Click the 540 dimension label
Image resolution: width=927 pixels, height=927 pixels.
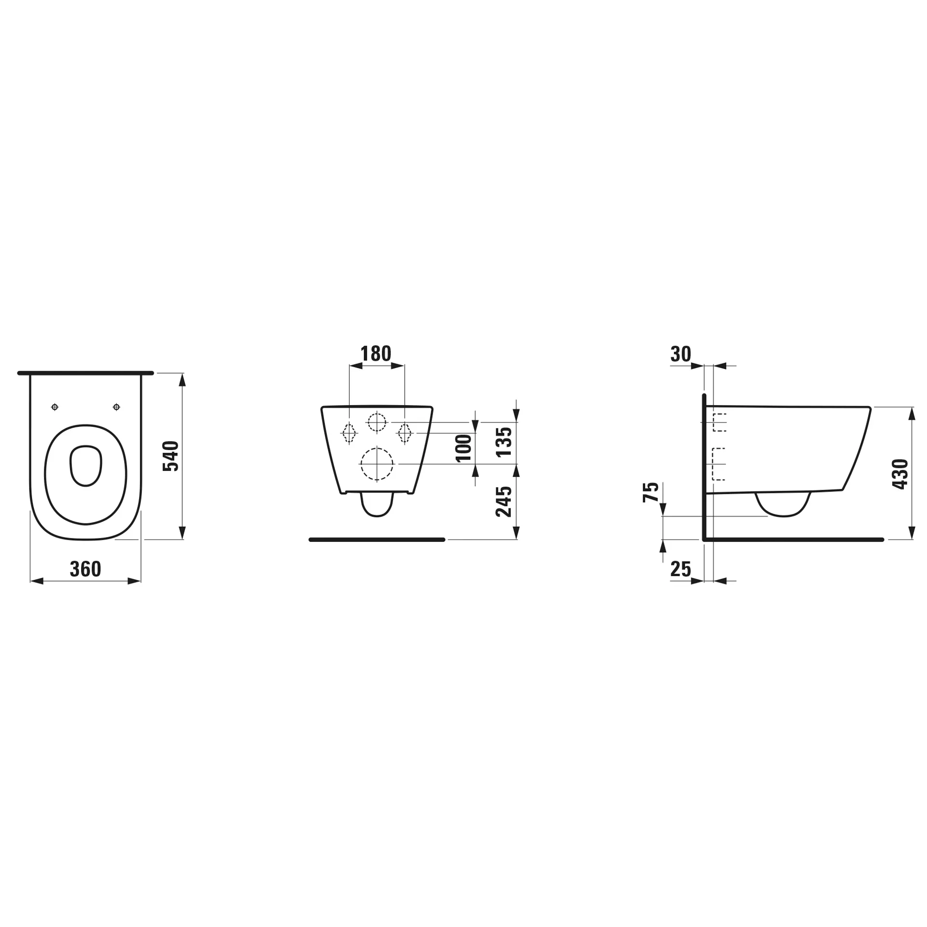coord(171,456)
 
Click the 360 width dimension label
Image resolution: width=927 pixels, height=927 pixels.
coord(85,569)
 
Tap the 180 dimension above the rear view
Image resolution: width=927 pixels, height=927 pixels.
coord(376,354)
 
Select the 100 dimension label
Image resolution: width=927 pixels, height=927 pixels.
coord(464,448)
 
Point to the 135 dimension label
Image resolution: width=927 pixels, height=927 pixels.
coord(504,441)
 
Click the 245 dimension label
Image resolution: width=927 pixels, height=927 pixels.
coord(504,502)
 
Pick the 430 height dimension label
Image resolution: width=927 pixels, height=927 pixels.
coord(900,474)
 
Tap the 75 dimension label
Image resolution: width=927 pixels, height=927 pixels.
coord(651,492)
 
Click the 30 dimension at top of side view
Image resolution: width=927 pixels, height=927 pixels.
coord(681,354)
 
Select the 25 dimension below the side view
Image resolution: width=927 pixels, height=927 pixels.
coord(681,569)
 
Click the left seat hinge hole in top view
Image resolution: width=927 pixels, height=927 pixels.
coord(55,407)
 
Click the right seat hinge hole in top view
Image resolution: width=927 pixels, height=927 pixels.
coord(116,407)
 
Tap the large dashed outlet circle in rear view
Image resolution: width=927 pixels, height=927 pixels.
coord(377,464)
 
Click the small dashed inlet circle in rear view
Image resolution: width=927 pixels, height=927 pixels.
coord(377,422)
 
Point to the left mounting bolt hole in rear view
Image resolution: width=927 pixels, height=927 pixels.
coord(349,433)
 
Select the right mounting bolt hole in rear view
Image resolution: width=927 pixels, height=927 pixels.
coord(405,433)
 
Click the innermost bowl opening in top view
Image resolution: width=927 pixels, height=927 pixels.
coord(86,465)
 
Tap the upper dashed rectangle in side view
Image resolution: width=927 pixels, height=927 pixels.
coord(719,422)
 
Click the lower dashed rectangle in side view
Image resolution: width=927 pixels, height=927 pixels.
coord(719,464)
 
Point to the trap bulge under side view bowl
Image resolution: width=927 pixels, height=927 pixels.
coord(783,505)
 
